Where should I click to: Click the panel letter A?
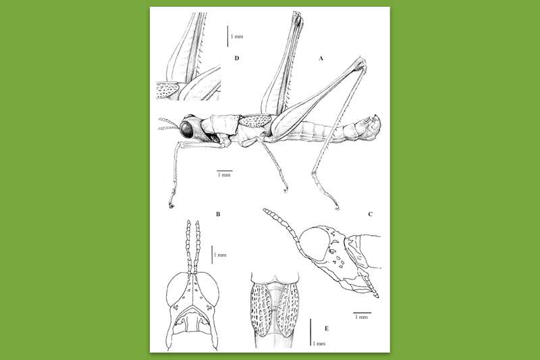tap(321, 59)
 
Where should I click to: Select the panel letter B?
tap(218, 214)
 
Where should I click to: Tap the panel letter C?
tap(371, 214)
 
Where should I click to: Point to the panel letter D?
tap(237, 58)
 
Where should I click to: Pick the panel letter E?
tap(327, 329)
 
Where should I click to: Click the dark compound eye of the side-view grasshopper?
tap(188, 128)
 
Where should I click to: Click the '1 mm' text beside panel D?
tap(237, 36)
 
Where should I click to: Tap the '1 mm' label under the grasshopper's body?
tap(224, 175)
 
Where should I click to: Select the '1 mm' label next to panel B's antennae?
tap(220, 255)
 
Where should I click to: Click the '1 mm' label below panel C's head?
tap(361, 317)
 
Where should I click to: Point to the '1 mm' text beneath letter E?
tap(319, 344)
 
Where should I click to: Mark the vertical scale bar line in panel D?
tap(227, 36)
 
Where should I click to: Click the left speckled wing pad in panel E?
tap(261, 309)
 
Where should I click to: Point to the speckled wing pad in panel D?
tap(167, 91)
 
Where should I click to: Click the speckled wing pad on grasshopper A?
tap(256, 120)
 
